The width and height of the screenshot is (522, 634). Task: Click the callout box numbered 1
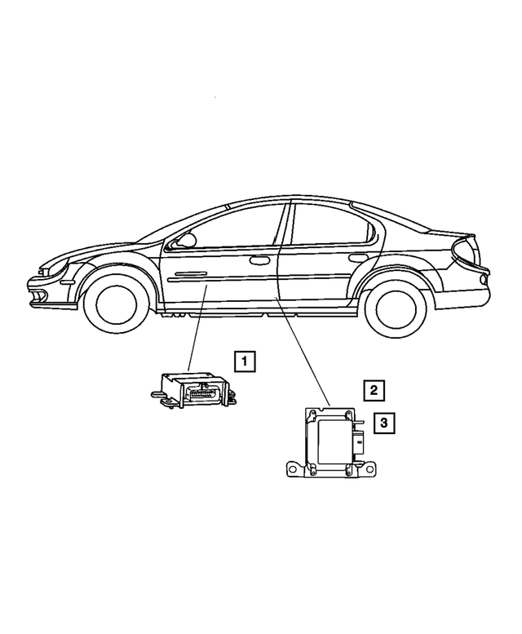point(245,361)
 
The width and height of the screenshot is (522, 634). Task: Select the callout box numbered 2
point(374,390)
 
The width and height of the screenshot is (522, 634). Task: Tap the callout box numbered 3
point(384,423)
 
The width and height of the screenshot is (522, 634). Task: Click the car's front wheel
point(117,304)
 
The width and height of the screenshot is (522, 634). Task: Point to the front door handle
point(260,260)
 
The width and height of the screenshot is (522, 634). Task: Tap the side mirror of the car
point(186,240)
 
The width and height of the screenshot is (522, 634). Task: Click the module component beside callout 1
point(192,388)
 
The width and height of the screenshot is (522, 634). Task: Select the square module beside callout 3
point(331,442)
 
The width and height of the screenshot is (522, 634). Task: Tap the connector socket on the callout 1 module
point(202,393)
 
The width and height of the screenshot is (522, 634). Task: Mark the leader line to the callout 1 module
point(197,328)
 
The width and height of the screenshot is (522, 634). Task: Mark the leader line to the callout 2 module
point(303,351)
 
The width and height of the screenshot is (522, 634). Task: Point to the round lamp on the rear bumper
point(481,279)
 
